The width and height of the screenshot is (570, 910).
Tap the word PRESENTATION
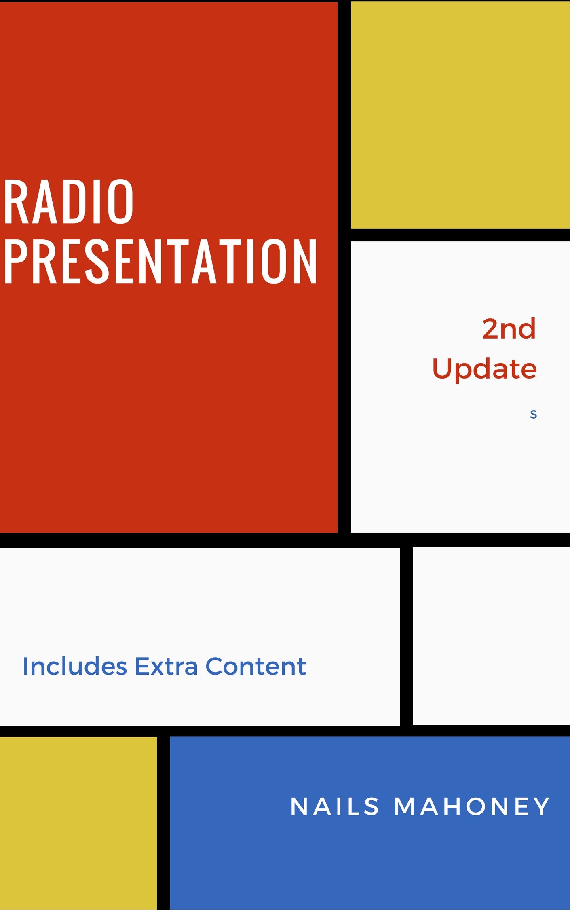[x=160, y=261]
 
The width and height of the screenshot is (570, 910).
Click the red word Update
[x=484, y=369]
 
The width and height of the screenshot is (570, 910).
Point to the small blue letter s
[x=533, y=414]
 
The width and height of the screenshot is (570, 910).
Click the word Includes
[x=75, y=666]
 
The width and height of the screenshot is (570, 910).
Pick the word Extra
[x=166, y=666]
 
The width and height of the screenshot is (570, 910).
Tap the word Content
[x=255, y=666]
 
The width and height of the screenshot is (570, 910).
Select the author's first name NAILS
[x=335, y=806]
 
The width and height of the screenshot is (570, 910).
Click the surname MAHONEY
[x=472, y=806]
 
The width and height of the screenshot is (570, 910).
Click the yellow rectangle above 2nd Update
[x=460, y=114]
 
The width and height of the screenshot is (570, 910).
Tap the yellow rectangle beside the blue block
[x=78, y=823]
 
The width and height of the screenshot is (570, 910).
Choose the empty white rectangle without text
[x=491, y=636]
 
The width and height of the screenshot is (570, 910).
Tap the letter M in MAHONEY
[x=405, y=806]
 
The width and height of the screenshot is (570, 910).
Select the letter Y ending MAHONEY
[x=541, y=806]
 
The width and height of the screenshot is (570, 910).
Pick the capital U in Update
[x=442, y=368]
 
